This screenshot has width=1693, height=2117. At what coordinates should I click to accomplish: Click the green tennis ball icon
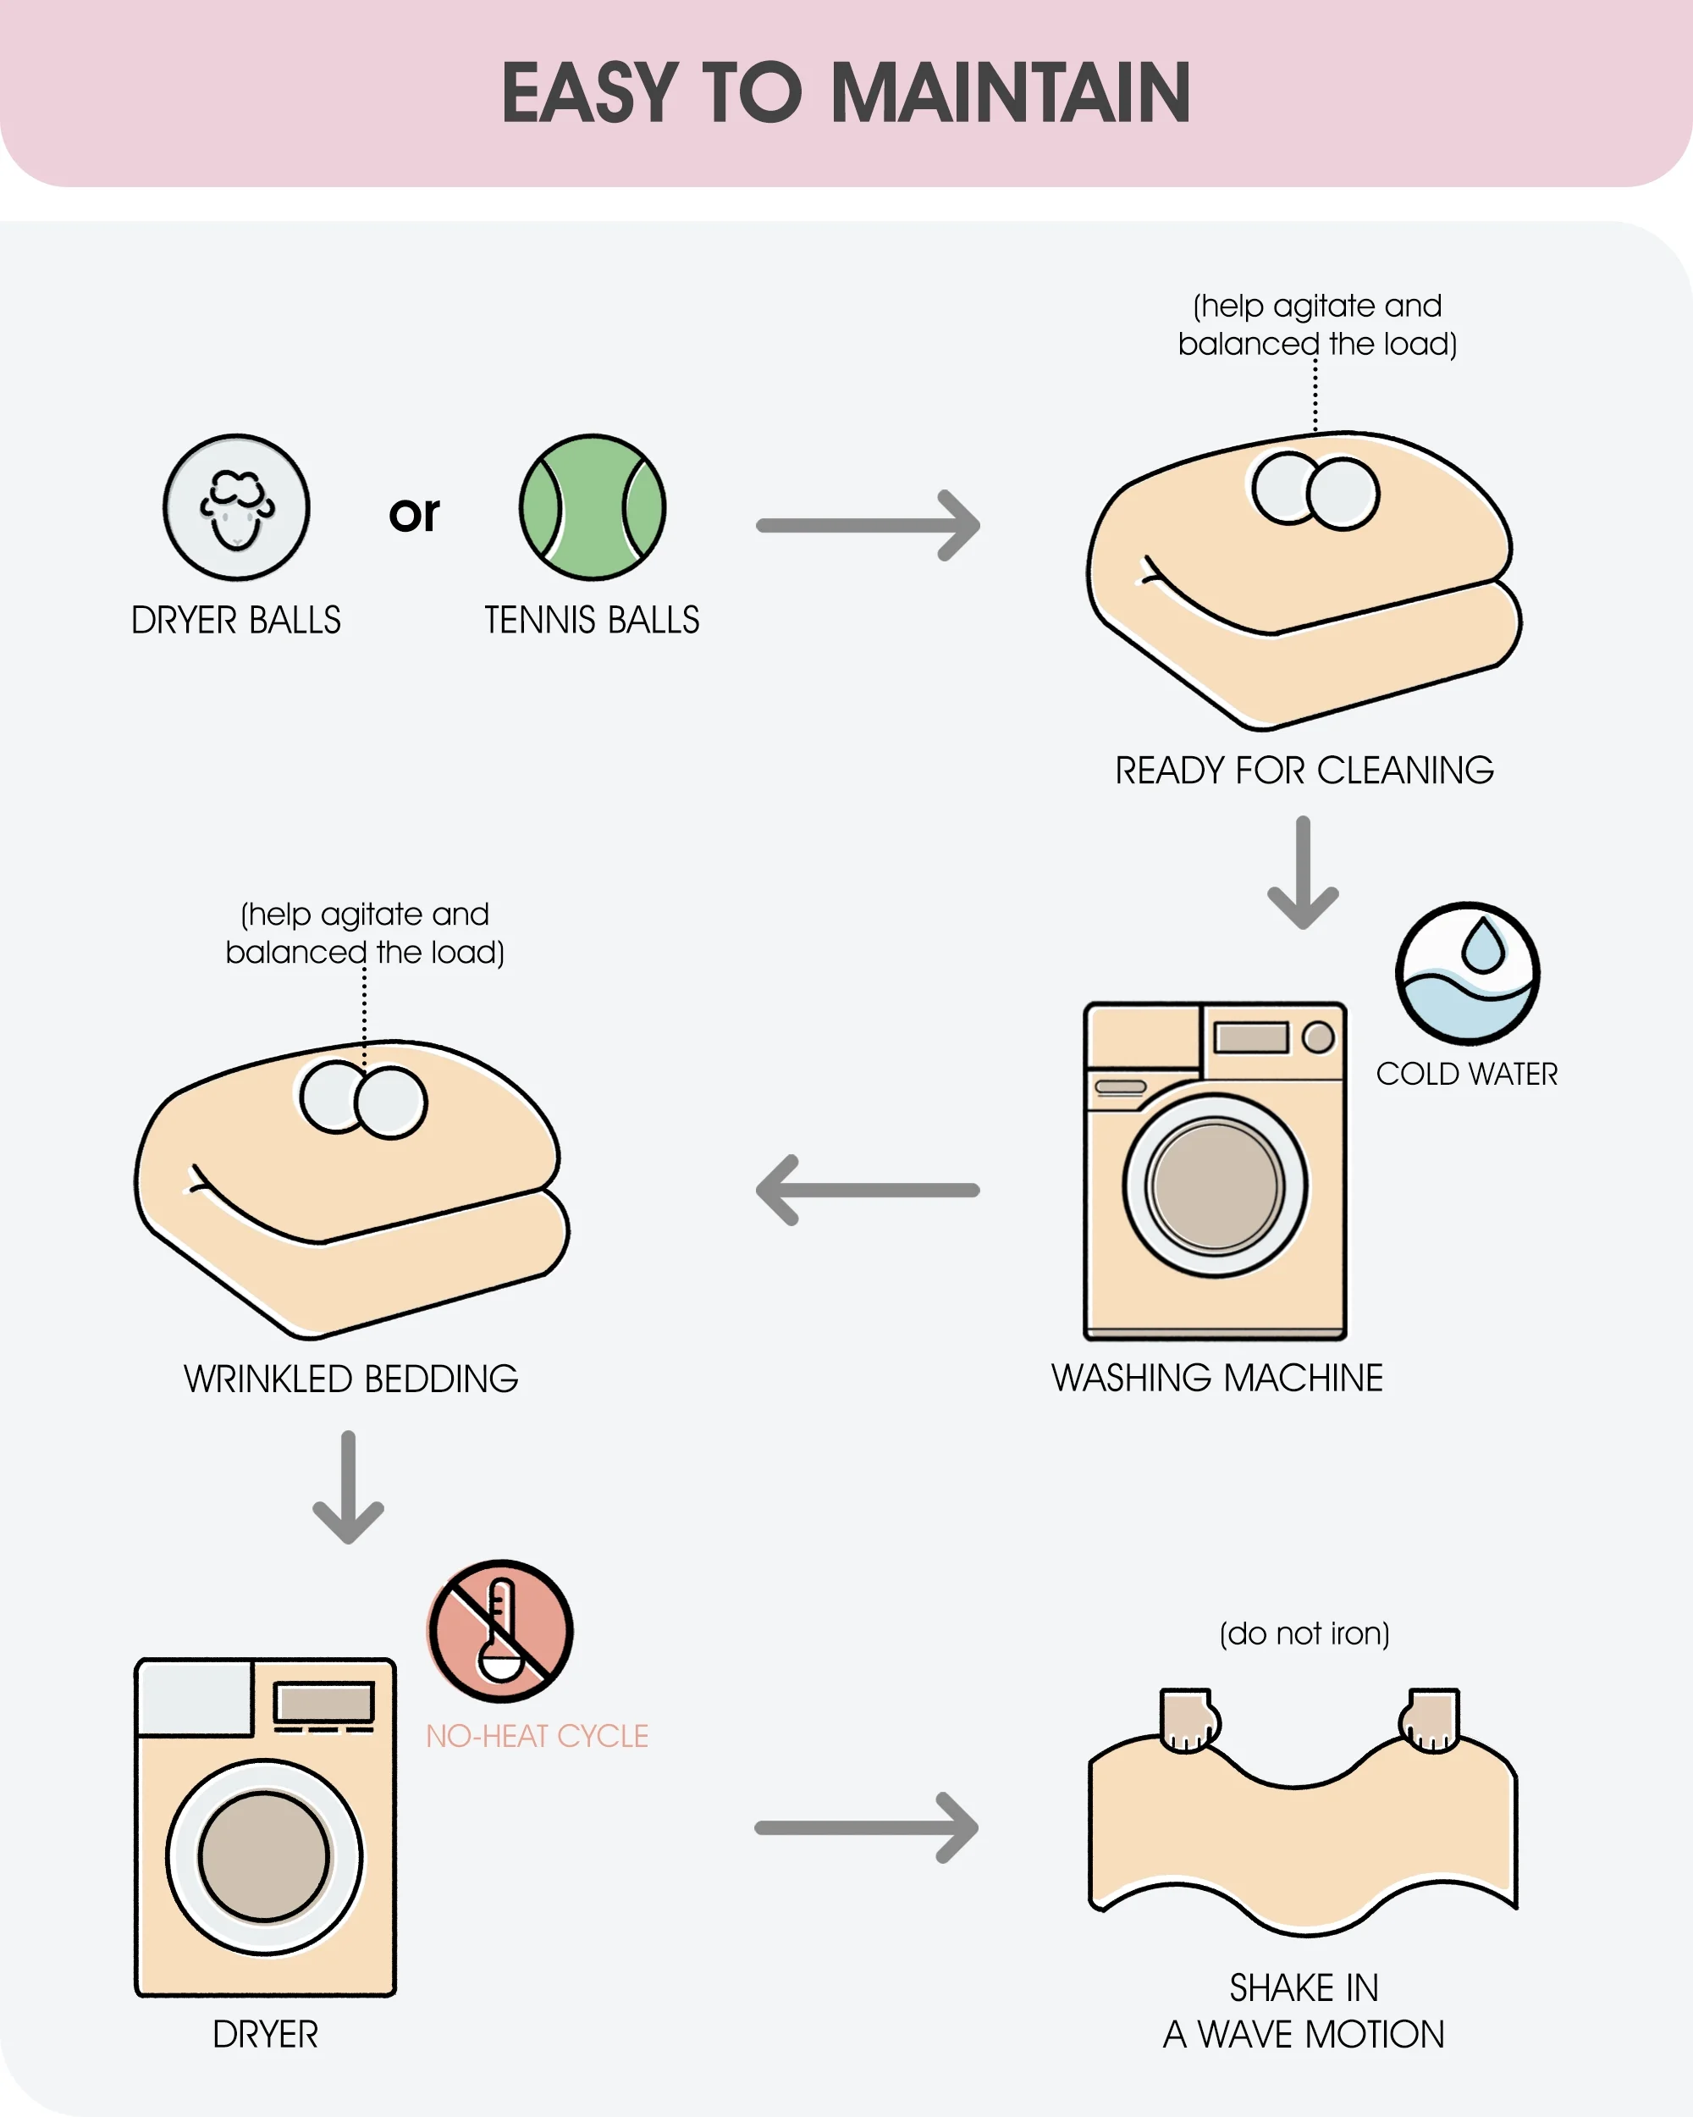pos(592,507)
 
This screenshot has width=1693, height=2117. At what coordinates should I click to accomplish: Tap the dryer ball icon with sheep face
pos(235,507)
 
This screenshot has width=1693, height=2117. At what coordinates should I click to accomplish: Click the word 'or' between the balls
pos(414,513)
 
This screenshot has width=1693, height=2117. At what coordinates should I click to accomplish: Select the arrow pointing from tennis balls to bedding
pos(868,525)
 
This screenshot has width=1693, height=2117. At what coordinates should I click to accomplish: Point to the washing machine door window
pos(1215,1186)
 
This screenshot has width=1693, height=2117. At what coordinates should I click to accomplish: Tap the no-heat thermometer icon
pos(500,1631)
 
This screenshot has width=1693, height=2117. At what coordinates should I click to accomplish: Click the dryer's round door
pos(264,1856)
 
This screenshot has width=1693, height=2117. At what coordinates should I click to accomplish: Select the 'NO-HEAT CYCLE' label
pos(537,1735)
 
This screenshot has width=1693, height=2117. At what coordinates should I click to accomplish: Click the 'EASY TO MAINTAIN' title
pos(846,92)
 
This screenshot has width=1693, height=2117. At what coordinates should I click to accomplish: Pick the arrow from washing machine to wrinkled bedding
pos(868,1190)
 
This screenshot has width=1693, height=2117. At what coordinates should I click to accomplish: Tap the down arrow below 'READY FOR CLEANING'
pos(1304,872)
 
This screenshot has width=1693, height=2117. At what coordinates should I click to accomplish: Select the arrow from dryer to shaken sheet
pos(868,1827)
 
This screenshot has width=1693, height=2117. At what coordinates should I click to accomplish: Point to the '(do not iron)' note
pos(1304,1633)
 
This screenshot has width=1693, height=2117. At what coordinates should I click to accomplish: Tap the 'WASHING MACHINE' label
pos(1217,1378)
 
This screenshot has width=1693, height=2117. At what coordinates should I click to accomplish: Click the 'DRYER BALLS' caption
pos(235,621)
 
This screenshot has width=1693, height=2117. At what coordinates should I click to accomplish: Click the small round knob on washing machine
pos(1318,1036)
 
